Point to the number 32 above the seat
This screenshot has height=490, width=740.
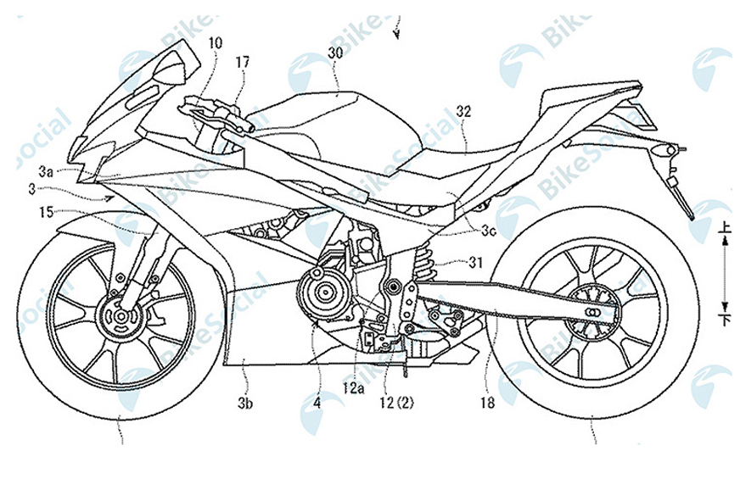[464, 109]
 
